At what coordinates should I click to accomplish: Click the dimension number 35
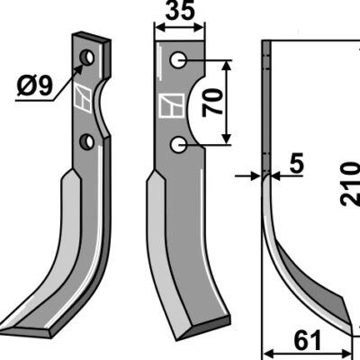tap(180, 12)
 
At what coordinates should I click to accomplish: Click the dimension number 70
tap(212, 103)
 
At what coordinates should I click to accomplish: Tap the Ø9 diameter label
tap(35, 85)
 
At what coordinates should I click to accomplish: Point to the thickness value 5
tap(296, 164)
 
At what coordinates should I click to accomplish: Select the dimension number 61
tap(308, 340)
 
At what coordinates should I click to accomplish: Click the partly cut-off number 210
tap(350, 184)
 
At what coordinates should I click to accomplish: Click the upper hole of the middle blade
tap(178, 60)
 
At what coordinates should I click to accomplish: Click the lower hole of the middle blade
tap(178, 145)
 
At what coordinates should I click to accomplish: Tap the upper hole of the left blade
tap(87, 57)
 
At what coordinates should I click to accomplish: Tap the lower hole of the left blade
tap(87, 141)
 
